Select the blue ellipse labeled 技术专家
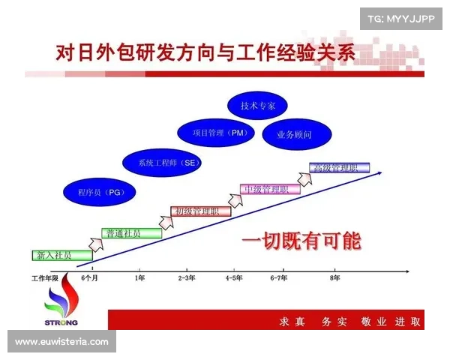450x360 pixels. pos(257,106)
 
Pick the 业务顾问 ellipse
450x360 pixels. pos(294,134)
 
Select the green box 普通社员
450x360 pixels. pos(131,232)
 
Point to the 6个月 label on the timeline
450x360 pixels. pos(91,277)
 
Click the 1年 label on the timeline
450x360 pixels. pos(139,277)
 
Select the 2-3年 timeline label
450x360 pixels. pos(187,277)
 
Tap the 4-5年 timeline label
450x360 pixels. pos(233,277)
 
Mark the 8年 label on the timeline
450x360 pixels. pos(334,277)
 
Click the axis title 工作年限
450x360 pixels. pos(44,277)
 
